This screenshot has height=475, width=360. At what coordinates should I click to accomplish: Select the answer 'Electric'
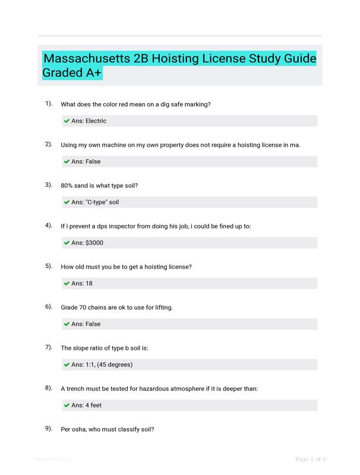96,121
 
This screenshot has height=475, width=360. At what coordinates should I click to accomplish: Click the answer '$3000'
95,243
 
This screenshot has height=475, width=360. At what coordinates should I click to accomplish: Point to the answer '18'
89,284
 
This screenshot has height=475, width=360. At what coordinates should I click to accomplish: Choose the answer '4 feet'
96,406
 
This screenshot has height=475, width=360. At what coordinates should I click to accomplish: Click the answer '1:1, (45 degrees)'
109,365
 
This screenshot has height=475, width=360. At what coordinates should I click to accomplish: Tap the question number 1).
49,104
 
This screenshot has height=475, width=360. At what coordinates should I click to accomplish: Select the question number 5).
49,267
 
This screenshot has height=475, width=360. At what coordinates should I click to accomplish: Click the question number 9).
49,429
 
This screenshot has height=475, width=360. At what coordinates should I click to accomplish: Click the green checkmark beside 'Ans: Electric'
67,121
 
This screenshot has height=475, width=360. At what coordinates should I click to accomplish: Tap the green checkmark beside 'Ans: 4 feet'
67,406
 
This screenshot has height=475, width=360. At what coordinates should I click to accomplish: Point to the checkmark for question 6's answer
67,324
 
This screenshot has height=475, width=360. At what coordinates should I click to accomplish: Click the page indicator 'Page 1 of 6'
311,459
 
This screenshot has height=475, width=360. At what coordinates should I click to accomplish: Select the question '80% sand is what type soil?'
99,186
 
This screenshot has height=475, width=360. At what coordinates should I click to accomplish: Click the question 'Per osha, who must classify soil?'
108,429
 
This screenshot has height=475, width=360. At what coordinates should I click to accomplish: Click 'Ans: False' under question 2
86,161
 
